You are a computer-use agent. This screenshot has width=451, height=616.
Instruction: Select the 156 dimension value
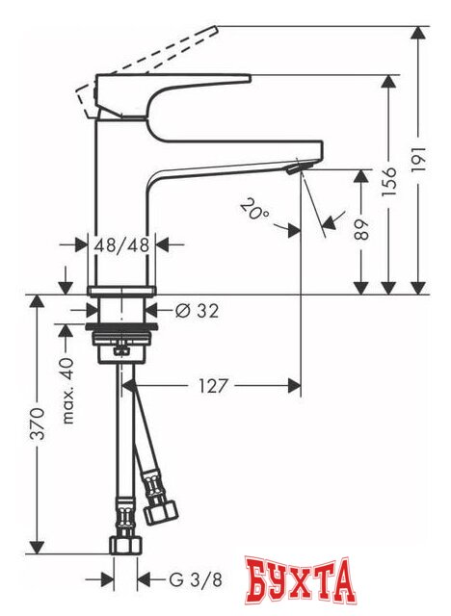388,180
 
